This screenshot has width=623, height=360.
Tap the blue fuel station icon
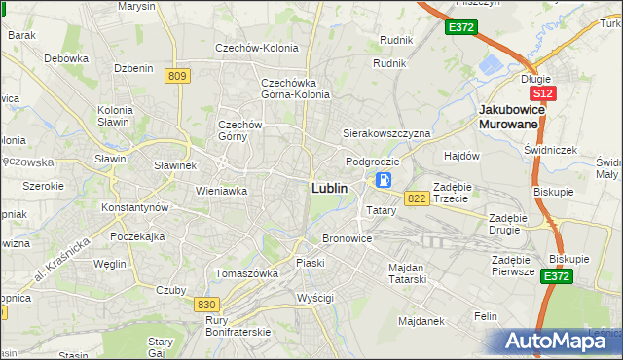coord(385,180)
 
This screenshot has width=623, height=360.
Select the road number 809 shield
coord(176,76)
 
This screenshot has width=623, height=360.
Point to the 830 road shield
coord(205,305)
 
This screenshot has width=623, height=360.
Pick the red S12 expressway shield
coord(543,93)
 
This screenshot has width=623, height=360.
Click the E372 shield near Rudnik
coord(460,28)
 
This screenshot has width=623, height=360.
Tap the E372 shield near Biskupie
coord(557,277)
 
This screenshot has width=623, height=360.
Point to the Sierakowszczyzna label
coord(385,132)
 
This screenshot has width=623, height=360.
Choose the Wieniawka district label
coord(222,191)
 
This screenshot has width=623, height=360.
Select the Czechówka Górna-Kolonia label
coord(295,89)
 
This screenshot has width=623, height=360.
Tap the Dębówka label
coord(65,58)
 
